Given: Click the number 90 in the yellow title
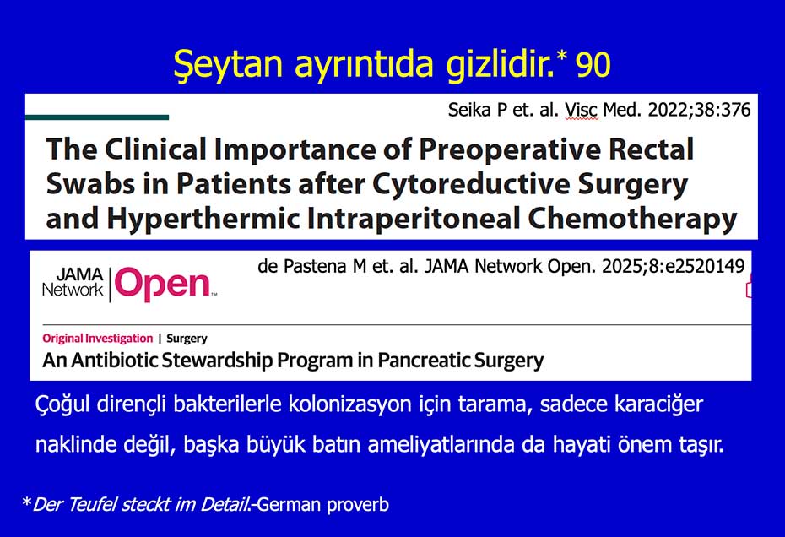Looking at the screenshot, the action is click(593, 65).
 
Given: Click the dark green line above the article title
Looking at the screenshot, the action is click(96, 117).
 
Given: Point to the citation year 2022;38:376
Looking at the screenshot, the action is click(699, 110).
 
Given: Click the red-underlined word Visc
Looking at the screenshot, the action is click(582, 110).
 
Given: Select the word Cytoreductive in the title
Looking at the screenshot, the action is click(472, 184).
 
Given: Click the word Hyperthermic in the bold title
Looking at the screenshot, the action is click(203, 219).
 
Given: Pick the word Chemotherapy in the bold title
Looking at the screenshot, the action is click(632, 219).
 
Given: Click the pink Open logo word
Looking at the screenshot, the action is click(163, 285).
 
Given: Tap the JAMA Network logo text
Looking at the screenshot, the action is click(73, 282).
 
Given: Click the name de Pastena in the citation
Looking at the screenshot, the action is click(305, 266).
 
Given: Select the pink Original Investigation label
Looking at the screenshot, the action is click(98, 339).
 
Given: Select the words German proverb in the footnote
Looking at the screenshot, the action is click(322, 505).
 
